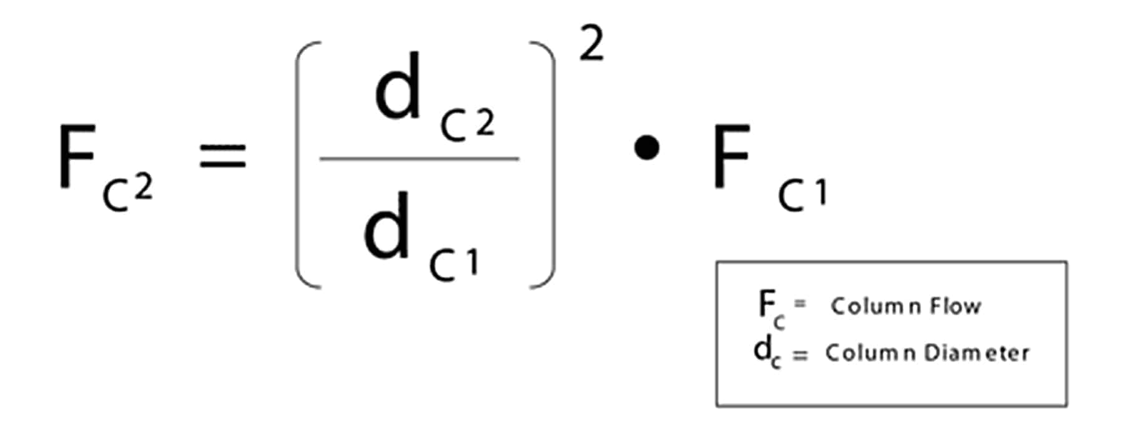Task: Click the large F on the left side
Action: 77,156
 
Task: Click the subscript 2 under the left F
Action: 143,187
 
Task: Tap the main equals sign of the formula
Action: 222,156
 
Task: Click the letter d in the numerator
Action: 398,88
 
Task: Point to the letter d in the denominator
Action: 387,226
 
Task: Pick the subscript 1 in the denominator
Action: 471,262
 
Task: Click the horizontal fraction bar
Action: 419,159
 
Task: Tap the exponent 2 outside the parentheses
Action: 591,45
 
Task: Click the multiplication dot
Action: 646,149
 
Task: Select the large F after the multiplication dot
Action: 731,156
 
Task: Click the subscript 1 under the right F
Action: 821,193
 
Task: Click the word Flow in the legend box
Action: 955,306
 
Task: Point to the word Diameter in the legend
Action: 977,353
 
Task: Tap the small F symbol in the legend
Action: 766,305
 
